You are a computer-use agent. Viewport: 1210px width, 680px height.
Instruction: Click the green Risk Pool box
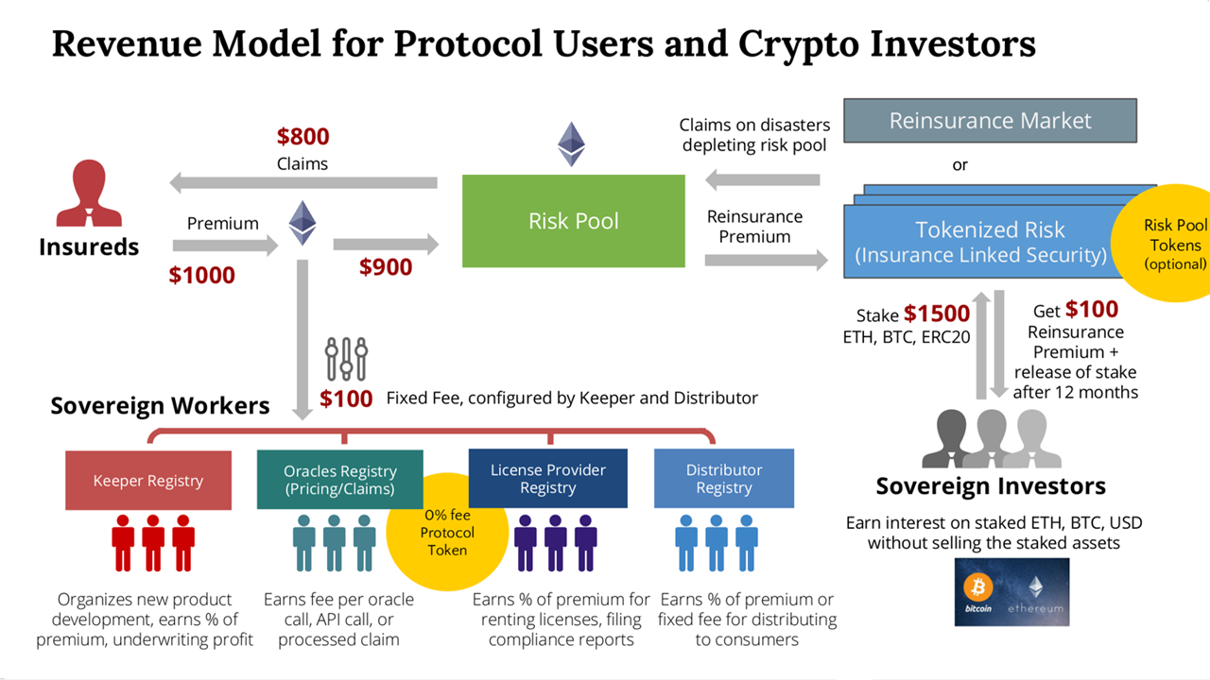(573, 221)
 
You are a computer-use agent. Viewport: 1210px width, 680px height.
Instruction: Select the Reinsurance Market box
(990, 121)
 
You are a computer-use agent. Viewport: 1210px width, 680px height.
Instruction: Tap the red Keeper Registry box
(148, 481)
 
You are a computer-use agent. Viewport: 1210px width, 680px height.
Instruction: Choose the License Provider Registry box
(548, 479)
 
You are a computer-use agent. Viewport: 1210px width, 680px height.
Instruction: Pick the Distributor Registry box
(723, 479)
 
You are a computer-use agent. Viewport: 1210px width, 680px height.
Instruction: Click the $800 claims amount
(302, 137)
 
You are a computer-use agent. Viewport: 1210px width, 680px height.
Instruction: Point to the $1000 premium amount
(201, 275)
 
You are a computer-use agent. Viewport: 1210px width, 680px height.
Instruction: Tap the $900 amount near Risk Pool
(386, 267)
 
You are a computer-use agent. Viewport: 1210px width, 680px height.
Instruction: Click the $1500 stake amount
(936, 314)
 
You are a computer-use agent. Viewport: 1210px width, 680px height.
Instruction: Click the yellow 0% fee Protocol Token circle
(447, 532)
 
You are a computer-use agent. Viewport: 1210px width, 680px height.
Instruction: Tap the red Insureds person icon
(89, 194)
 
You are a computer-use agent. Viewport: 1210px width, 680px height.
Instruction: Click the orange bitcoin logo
(978, 589)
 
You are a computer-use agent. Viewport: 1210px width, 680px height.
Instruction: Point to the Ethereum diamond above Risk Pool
(571, 144)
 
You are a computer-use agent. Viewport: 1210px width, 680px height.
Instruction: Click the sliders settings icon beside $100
(346, 359)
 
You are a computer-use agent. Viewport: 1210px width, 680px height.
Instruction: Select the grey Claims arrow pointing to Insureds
(302, 182)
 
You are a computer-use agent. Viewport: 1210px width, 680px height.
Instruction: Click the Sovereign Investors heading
(990, 486)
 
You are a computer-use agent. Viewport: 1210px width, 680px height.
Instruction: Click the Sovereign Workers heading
(160, 406)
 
